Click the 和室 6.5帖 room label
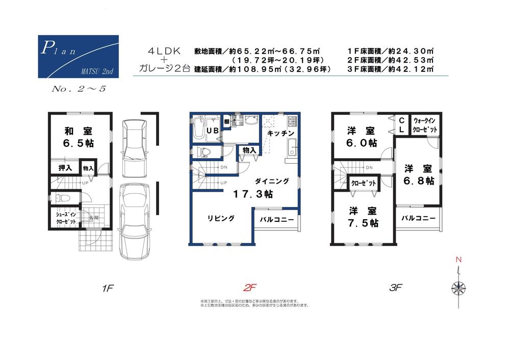tap(79, 137)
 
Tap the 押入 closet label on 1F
tap(65, 168)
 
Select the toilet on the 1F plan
tap(60, 198)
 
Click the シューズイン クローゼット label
tap(66, 218)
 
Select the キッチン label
tap(280, 133)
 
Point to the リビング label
tap(220, 218)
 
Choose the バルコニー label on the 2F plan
tap(276, 220)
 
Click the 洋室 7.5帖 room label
tap(364, 217)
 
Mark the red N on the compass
tap(458, 260)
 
